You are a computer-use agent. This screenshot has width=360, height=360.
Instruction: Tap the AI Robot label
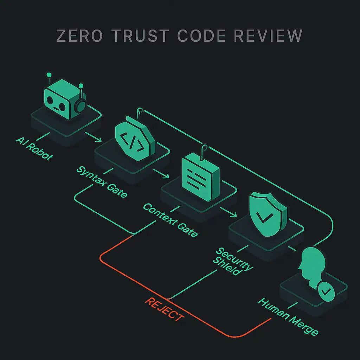click(x=34, y=148)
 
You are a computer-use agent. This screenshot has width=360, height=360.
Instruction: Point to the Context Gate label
click(x=170, y=220)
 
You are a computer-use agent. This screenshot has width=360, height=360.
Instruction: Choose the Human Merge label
click(x=288, y=315)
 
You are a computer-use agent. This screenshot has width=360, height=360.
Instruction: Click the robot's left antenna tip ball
click(x=49, y=75)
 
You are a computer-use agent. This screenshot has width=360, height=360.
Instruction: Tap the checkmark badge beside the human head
click(x=326, y=291)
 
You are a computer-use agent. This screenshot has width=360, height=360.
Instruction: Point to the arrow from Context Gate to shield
click(x=228, y=212)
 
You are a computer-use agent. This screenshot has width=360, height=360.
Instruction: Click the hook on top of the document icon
click(x=203, y=149)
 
